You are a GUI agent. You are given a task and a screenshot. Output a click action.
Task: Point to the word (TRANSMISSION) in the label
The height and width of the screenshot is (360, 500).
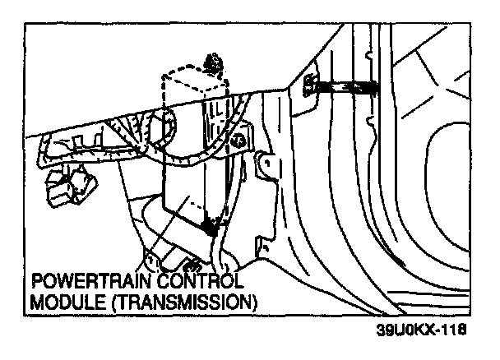174,302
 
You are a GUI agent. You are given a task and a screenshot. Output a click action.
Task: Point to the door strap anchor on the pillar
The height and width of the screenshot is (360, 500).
311,83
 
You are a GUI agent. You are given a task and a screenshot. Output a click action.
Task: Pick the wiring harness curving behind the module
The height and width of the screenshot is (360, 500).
164,132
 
